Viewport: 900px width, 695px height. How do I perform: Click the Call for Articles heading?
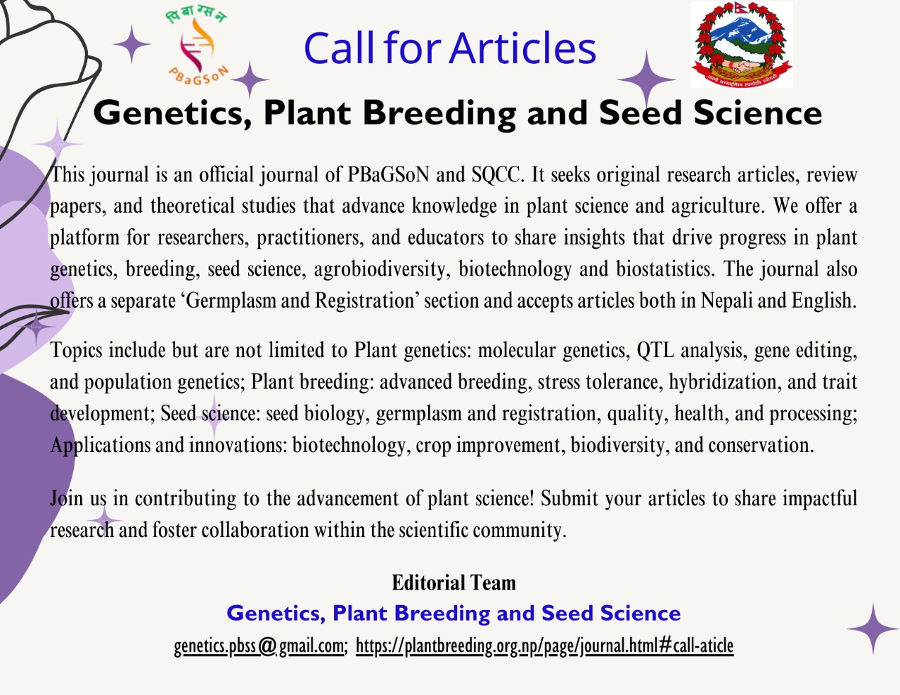click(x=449, y=48)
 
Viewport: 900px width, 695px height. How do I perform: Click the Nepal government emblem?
click(x=741, y=44)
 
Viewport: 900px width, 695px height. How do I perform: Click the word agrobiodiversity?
click(x=380, y=269)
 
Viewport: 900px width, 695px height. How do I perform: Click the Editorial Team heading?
click(x=454, y=583)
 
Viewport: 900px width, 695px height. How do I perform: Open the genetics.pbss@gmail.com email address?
click(x=259, y=645)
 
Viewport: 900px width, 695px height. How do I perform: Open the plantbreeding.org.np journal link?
click(x=544, y=645)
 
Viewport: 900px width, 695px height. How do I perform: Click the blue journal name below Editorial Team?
click(x=454, y=613)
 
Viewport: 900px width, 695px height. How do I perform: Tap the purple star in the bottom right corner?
click(x=873, y=628)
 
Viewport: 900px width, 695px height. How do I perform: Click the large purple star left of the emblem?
click(x=645, y=79)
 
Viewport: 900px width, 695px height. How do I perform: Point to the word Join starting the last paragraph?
click(x=67, y=498)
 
